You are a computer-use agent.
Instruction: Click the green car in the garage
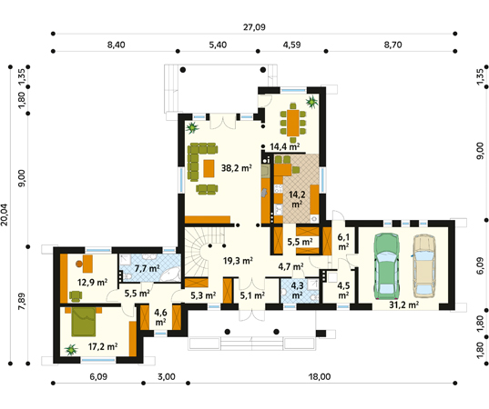[387, 266]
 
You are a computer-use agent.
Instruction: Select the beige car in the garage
[424, 266]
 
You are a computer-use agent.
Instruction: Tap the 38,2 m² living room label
[237, 168]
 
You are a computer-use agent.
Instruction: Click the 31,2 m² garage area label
[404, 304]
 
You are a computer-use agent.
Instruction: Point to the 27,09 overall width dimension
[254, 27]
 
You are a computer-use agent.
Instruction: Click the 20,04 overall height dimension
[5, 214]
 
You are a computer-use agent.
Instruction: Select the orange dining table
[293, 123]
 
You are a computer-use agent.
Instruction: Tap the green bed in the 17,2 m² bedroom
[83, 322]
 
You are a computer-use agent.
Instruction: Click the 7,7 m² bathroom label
[147, 268]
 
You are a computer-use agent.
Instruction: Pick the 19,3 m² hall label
[238, 261]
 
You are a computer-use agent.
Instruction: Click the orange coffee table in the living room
[209, 168]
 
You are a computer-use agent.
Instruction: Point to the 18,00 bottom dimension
[320, 377]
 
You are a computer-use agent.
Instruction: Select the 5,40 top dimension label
[218, 45]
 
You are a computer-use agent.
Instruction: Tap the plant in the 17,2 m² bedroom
[71, 350]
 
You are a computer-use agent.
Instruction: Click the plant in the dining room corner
[311, 102]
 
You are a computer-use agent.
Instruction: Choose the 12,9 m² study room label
[92, 283]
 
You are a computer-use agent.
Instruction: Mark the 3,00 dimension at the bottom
[167, 377]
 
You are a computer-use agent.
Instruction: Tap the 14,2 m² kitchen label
[297, 199]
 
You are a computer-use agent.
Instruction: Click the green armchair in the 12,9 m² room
[76, 296]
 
